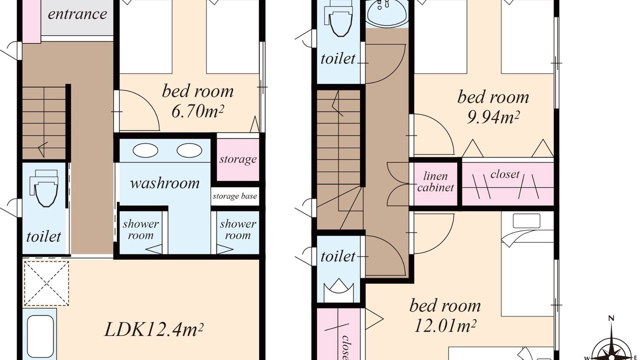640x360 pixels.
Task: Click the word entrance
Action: coord(77,14)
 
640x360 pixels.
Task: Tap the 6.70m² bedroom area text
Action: coord(197,111)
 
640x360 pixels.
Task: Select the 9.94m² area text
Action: coord(493,117)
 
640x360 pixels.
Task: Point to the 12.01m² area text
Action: coord(445,325)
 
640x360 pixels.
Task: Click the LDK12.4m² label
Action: coord(153,329)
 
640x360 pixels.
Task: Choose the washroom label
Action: coord(164,183)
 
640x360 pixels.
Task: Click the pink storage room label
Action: coord(238,159)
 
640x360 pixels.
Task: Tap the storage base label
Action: coord(235,196)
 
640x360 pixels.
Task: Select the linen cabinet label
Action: coord(435,181)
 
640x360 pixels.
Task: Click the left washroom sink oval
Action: coord(145,150)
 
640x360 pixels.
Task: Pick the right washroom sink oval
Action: coord(189,150)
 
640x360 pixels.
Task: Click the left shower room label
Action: coord(140,229)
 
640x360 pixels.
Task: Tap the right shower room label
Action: coord(237,229)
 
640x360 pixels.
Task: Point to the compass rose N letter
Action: coord(611,318)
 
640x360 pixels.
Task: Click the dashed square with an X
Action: coord(46,283)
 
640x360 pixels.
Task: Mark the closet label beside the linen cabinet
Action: coord(505,174)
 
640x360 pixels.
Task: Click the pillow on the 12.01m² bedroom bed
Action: coord(526,221)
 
